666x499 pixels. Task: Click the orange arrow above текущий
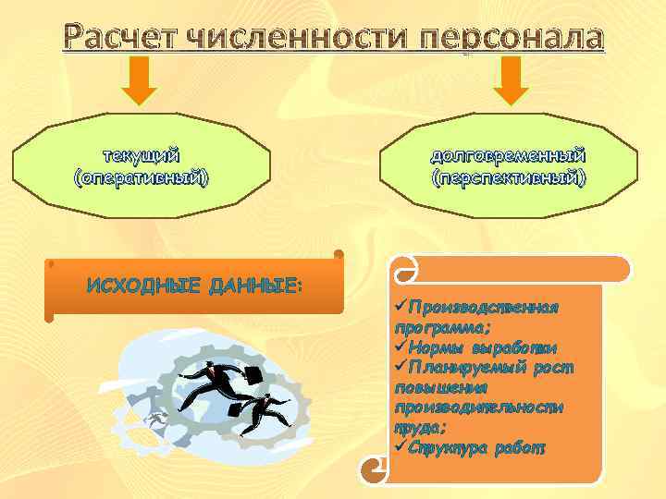click(x=141, y=80)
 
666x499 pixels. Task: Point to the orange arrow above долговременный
click(x=510, y=80)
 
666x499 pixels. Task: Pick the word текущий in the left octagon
click(x=141, y=154)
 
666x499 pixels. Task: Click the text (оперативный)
click(x=141, y=176)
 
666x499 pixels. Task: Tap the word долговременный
click(x=508, y=154)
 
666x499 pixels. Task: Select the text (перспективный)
click(x=508, y=176)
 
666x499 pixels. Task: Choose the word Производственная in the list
click(x=483, y=307)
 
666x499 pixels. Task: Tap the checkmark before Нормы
click(x=400, y=347)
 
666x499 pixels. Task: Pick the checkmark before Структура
click(x=400, y=447)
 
